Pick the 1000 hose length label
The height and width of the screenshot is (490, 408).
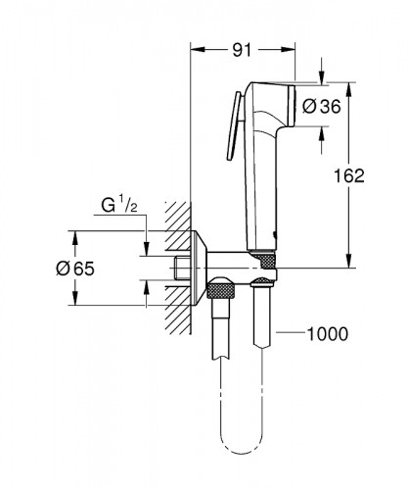(328, 334)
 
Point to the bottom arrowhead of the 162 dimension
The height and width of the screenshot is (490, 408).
(349, 262)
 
